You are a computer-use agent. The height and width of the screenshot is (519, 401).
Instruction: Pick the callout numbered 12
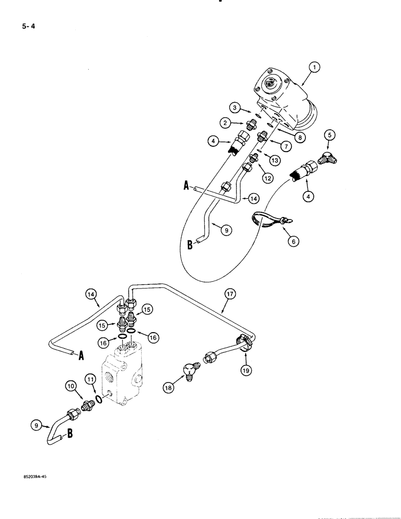click(x=267, y=178)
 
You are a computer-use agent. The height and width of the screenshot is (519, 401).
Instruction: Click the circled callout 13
click(x=275, y=160)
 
